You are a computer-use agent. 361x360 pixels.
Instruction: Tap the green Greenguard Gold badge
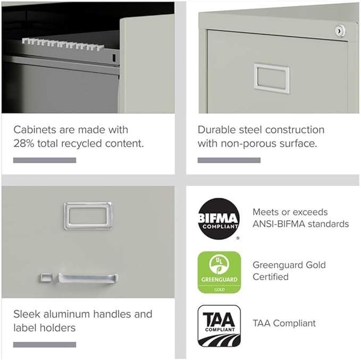tap(219, 272)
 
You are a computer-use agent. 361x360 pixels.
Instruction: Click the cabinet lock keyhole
tap(339, 32)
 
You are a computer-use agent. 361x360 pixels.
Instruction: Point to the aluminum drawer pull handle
tap(88, 278)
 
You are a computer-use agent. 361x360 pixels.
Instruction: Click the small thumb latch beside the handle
tap(46, 277)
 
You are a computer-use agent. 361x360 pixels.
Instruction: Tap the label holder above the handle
tap(88, 215)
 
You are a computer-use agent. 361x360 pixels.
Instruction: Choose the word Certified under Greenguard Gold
tap(271, 277)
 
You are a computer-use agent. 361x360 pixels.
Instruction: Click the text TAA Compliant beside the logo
tap(284, 323)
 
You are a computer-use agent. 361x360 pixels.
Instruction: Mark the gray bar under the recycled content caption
tap(45, 160)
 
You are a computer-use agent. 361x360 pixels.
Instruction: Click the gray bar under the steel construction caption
tap(229, 160)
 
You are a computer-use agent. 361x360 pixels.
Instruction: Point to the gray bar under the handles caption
tap(45, 345)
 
